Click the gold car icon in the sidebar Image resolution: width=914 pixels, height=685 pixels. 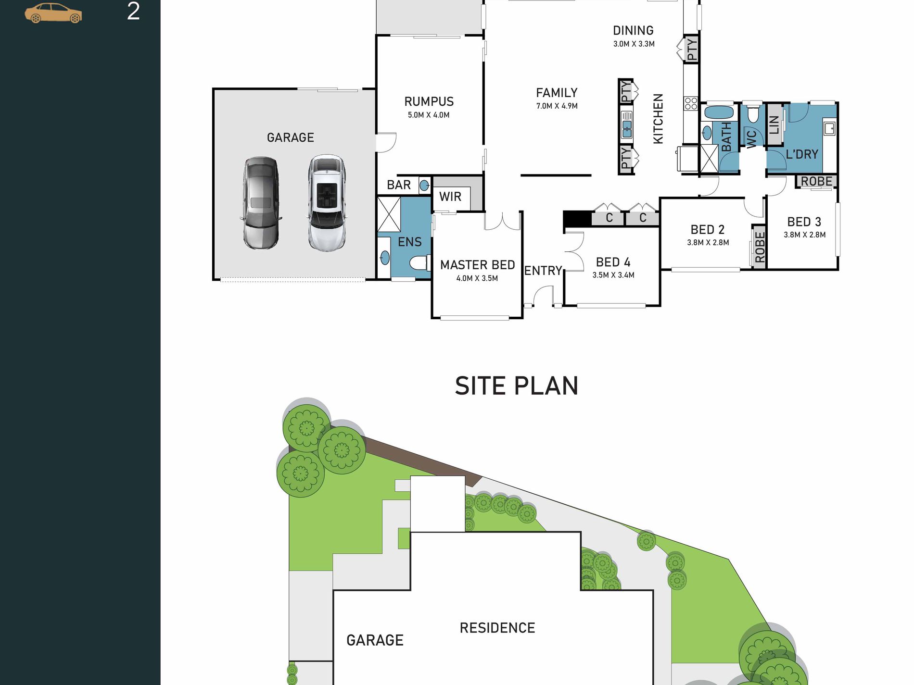53,13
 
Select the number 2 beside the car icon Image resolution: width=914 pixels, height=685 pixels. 133,11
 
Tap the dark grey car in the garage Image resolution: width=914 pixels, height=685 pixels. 261,203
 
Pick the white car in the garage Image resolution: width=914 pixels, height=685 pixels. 327,202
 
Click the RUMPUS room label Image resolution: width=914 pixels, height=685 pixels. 429,101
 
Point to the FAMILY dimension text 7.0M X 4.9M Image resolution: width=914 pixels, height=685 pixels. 557,106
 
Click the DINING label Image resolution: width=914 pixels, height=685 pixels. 633,31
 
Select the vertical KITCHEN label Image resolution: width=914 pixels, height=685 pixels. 658,119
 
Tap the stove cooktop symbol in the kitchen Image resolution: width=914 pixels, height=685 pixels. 691,103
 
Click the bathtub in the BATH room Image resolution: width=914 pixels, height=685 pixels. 719,112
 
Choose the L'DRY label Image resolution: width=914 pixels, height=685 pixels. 802,154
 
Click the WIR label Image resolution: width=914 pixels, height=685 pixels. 450,197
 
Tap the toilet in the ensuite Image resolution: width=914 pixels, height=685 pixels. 419,263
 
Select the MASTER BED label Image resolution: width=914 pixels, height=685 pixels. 477,265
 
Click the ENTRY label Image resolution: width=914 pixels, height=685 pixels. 543,271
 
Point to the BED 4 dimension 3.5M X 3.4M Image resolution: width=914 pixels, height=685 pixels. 613,275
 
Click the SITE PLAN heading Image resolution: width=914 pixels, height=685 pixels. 517,386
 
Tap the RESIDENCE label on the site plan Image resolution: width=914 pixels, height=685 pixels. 497,628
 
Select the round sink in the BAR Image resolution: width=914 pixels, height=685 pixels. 424,185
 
